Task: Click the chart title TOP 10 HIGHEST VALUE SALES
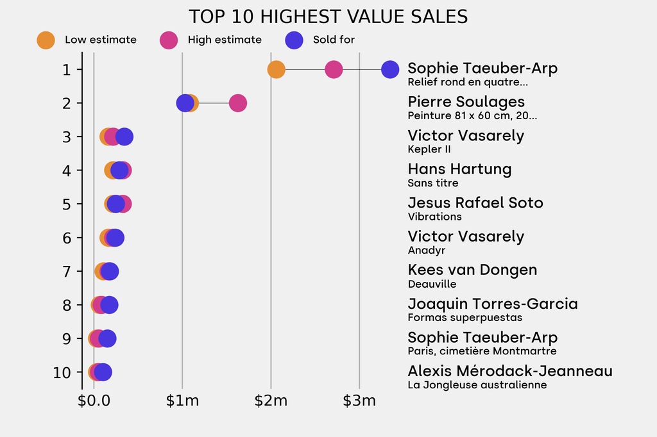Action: [328, 17]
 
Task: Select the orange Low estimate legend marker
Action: [46, 40]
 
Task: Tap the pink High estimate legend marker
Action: [169, 40]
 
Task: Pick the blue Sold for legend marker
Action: [294, 40]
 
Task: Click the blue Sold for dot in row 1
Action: [390, 69]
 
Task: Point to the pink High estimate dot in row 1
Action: [334, 69]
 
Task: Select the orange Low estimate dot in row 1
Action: [276, 69]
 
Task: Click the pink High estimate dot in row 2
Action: [238, 103]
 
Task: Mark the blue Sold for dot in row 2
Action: [185, 103]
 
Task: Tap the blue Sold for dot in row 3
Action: [124, 136]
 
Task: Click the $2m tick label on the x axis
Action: [271, 402]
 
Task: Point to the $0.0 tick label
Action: [94, 402]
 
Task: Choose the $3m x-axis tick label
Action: [359, 402]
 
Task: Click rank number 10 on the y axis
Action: [62, 372]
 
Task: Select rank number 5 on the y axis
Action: [67, 204]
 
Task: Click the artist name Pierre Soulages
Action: [466, 102]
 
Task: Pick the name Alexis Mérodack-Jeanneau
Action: [510, 371]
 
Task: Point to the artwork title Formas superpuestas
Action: [465, 318]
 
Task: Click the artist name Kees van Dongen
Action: [472, 270]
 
